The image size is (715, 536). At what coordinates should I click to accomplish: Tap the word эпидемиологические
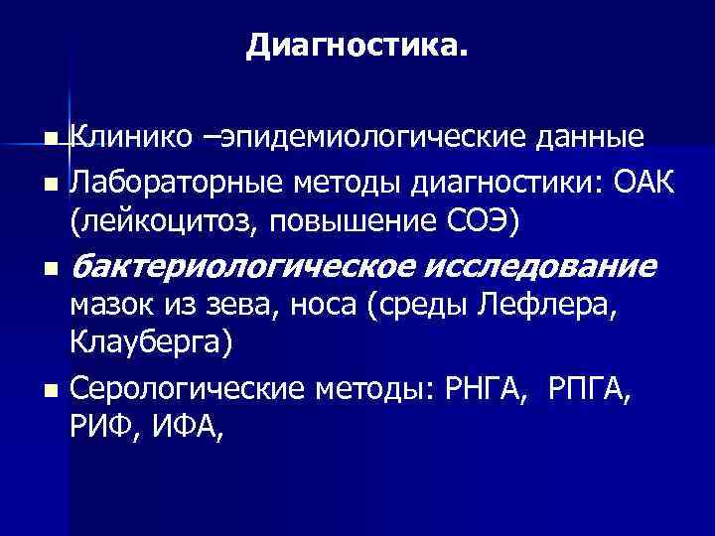click(x=368, y=136)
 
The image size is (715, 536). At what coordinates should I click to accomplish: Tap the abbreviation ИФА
click(x=185, y=427)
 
